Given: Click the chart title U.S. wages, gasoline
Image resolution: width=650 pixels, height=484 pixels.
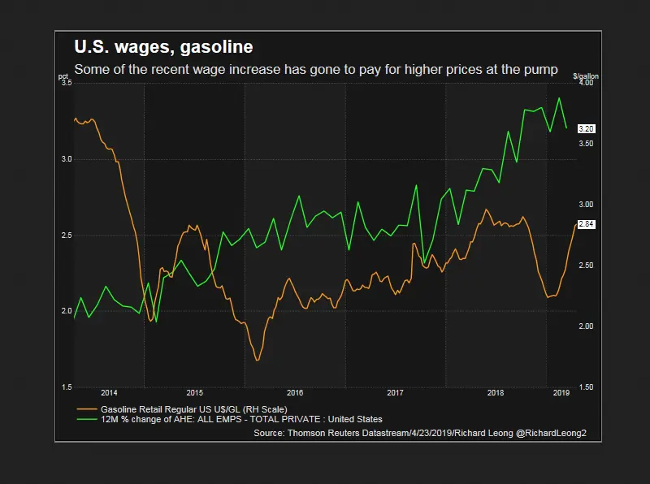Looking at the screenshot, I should click(163, 47).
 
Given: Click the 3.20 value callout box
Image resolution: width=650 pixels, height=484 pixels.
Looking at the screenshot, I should click(586, 128).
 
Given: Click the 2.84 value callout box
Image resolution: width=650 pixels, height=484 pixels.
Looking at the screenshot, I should click(586, 224).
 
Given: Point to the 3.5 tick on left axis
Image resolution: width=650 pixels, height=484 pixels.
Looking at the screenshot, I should click(66, 84).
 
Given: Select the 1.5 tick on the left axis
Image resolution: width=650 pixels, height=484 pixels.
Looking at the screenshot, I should click(66, 387).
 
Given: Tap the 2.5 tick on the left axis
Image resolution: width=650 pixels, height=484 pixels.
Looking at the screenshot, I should click(66, 236).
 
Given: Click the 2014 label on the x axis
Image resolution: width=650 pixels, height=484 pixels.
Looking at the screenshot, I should click(110, 393).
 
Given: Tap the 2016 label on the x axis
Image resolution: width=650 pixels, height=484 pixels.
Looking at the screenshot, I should click(294, 393).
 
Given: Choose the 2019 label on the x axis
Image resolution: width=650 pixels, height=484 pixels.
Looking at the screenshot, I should click(561, 393).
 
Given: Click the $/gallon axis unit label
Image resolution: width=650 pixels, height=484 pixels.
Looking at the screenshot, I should click(585, 76).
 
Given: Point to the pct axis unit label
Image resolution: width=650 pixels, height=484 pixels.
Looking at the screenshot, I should click(63, 77).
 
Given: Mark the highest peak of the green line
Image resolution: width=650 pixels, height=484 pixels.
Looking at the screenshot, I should click(559, 98).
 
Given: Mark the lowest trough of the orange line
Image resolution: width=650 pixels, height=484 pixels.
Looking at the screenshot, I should click(258, 360).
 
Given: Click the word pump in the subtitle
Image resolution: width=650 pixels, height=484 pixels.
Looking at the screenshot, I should click(540, 70).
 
